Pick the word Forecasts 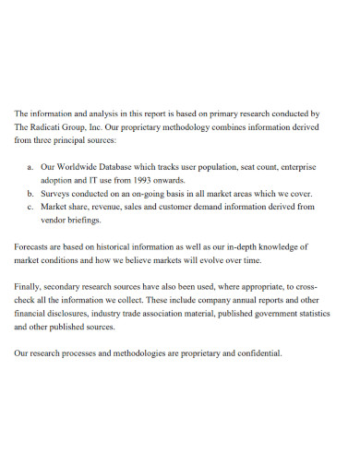pos(36,247)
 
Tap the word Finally pos(32,287)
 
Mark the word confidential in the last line pos(256,353)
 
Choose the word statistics pos(307,314)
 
